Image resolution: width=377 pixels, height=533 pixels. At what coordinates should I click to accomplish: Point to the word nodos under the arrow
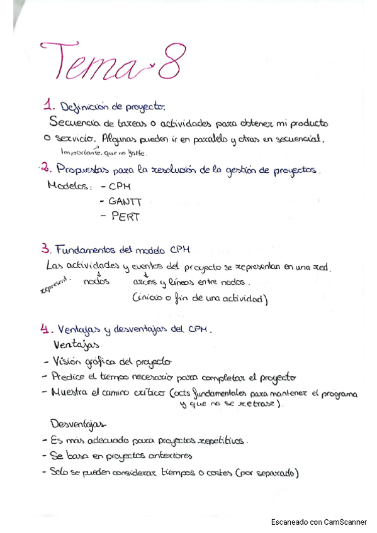tap(96, 282)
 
